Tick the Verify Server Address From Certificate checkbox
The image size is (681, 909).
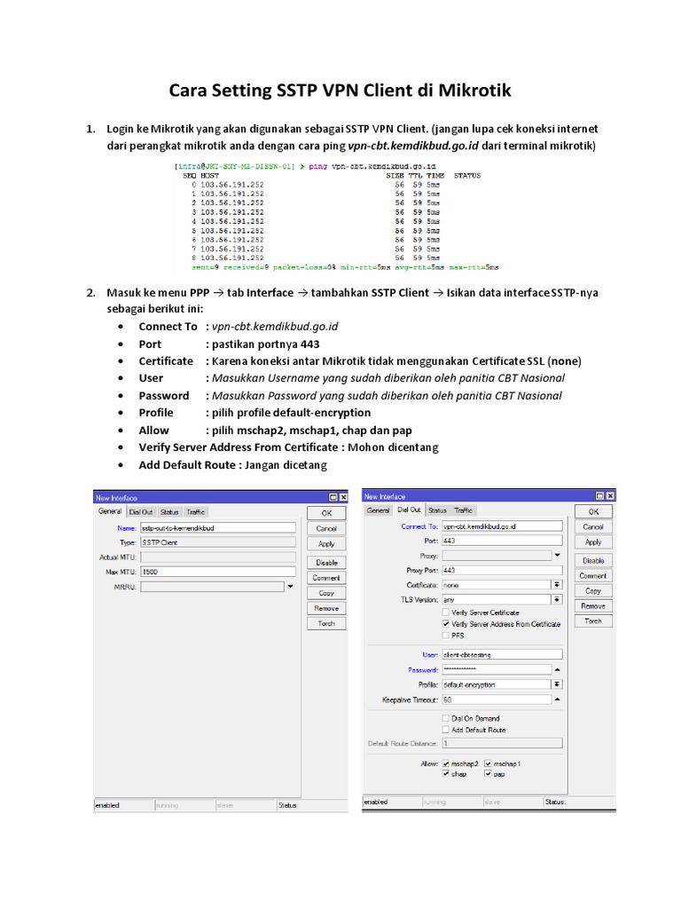tap(445, 624)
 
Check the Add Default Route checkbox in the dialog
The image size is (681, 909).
tap(445, 730)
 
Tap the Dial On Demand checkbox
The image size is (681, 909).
tap(445, 718)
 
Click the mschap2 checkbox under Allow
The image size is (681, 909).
tap(445, 763)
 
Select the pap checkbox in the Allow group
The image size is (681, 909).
tap(488, 774)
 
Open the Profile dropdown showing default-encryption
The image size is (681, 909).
tap(557, 684)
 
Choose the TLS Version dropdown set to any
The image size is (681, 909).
tap(557, 600)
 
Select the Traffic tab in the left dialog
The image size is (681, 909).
tap(196, 512)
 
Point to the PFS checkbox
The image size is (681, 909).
tap(445, 636)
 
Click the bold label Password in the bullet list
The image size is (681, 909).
tap(164, 396)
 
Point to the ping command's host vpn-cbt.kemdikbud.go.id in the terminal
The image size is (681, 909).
tap(390, 166)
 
